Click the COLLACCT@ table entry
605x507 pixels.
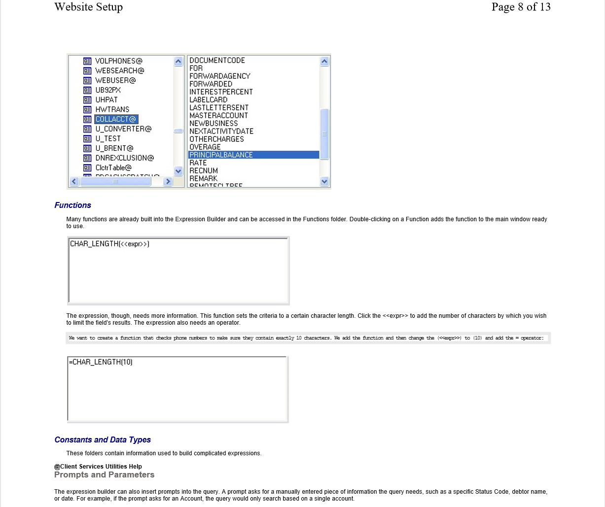coord(116,119)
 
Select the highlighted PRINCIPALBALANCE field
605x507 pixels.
coord(221,155)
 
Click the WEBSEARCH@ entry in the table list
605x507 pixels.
coord(119,70)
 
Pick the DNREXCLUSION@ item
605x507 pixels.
coord(124,158)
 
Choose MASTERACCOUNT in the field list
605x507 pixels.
coord(218,115)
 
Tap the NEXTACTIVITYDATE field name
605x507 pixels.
coord(221,131)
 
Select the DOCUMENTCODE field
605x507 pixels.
coord(217,60)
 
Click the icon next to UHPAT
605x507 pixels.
coord(87,100)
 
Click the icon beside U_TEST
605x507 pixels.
coord(87,138)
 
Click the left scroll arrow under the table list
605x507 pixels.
coord(74,181)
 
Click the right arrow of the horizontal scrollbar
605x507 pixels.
coord(168,181)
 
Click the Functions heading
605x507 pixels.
coord(72,205)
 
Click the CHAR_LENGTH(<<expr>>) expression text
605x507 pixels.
coord(109,244)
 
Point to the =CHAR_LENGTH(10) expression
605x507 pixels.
coord(101,362)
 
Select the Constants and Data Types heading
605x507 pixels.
coord(103,440)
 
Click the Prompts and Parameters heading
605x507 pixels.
coord(104,475)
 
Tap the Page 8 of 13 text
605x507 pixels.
coord(521,7)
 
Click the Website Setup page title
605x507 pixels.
coord(88,7)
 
